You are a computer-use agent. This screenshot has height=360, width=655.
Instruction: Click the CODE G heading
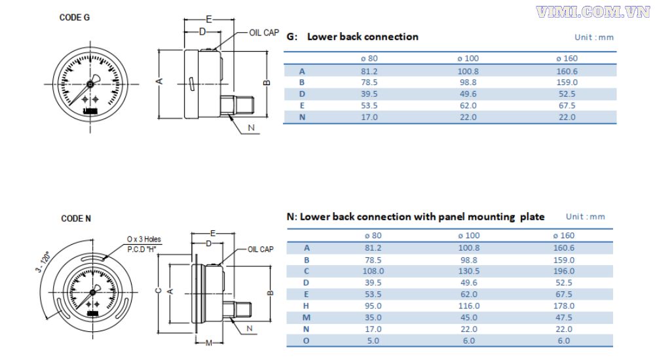75,18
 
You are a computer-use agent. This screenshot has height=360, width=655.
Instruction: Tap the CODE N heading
76,218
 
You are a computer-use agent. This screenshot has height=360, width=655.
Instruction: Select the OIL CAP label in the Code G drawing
264,33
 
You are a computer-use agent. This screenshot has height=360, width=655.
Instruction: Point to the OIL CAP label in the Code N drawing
260,249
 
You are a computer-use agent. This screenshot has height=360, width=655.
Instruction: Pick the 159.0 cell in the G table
566,82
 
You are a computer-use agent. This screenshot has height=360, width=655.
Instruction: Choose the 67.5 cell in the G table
566,105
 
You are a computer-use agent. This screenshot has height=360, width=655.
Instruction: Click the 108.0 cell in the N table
373,270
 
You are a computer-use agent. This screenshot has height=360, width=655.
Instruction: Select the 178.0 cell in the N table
563,306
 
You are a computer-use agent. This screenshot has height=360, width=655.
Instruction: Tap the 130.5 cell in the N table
468,270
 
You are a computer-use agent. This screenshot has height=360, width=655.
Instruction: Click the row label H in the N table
307,306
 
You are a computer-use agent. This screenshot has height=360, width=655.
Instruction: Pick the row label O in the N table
307,340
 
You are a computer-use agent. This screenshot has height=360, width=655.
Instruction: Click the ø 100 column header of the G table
468,58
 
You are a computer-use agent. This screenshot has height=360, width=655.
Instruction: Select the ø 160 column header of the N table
563,235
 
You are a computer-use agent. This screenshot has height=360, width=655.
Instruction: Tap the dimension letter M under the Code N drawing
208,343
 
